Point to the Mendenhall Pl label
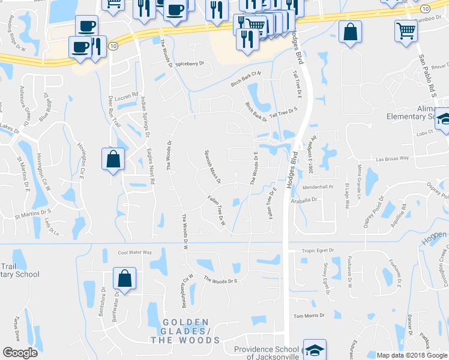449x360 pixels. tap(318, 187)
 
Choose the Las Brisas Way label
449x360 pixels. tap(393, 159)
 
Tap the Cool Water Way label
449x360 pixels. tap(135, 253)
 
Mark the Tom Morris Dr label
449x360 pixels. tap(309, 316)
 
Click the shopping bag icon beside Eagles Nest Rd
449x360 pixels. tap(113, 159)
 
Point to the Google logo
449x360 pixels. tap(20, 353)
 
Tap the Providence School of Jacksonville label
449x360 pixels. tap(267, 353)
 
